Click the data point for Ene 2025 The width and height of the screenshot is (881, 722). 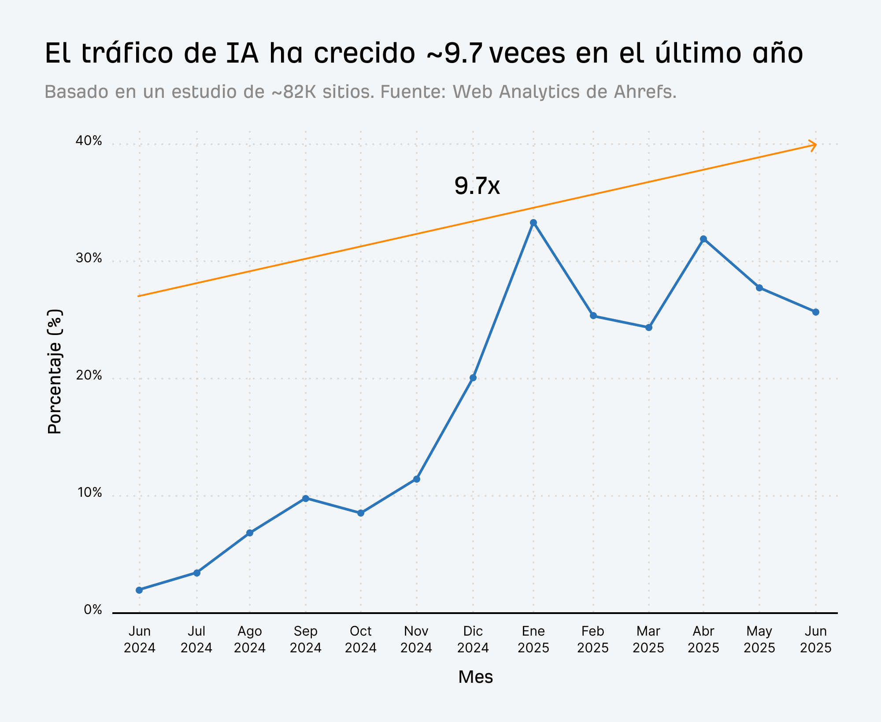(x=533, y=223)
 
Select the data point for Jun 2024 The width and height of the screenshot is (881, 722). (x=139, y=590)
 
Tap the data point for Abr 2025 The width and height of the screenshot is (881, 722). (x=703, y=239)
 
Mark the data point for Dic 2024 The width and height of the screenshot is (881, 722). (x=473, y=378)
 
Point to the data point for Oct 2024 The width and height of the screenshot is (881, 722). (x=361, y=513)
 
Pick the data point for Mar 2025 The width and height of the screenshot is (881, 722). (x=648, y=328)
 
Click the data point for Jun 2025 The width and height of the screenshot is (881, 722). (x=816, y=312)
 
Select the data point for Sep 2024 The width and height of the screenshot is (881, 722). (x=306, y=499)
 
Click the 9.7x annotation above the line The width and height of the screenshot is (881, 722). (x=477, y=186)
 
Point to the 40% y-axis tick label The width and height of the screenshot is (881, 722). (x=89, y=141)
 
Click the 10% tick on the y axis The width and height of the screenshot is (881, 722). (x=90, y=493)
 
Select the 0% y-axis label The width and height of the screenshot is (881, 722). (x=93, y=610)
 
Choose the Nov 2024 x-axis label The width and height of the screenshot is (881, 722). (x=416, y=640)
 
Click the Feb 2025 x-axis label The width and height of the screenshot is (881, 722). (x=593, y=640)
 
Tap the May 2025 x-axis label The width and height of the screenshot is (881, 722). (x=759, y=640)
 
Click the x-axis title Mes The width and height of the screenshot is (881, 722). (x=475, y=677)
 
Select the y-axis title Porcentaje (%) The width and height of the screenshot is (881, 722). (x=55, y=372)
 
